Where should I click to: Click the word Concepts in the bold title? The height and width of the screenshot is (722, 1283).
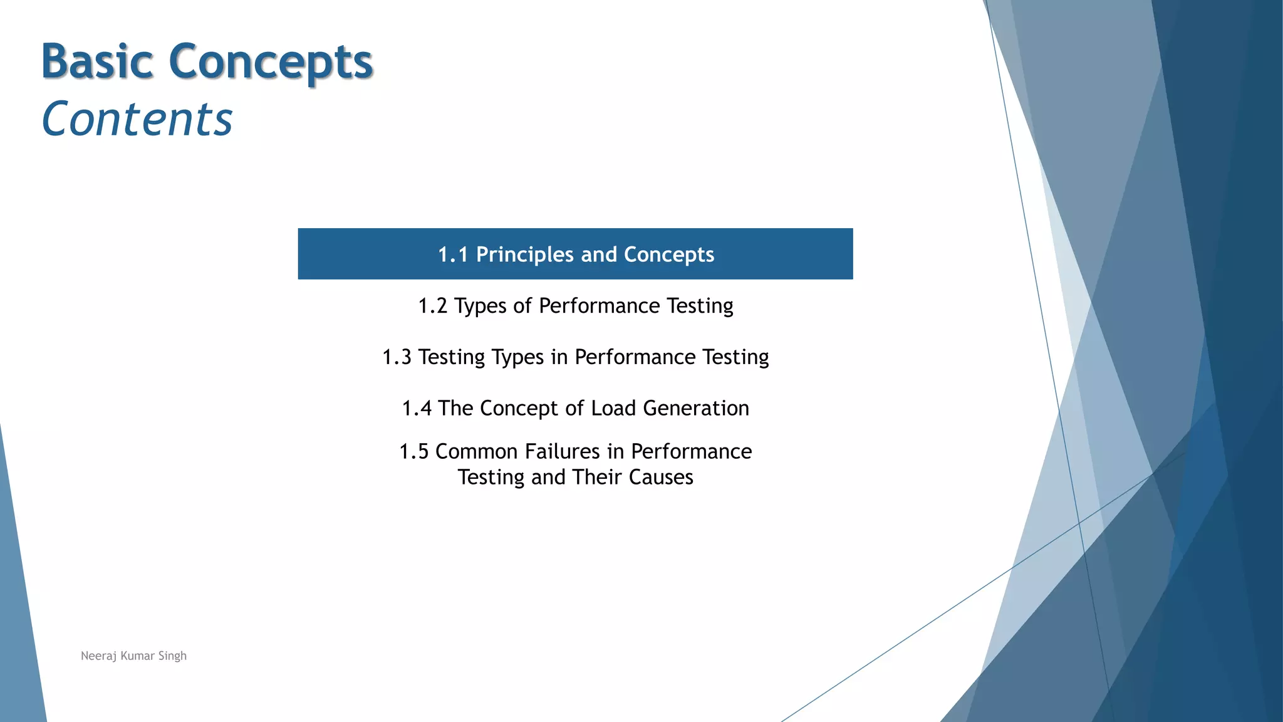[x=271, y=63]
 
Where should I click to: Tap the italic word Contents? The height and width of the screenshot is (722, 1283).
[x=137, y=119]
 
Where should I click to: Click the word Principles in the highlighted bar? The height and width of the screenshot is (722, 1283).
[x=524, y=254]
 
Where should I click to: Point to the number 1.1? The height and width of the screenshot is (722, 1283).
[x=453, y=254]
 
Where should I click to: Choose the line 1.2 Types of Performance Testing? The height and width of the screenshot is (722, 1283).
[x=575, y=306]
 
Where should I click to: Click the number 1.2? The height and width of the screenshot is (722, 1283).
[x=432, y=306]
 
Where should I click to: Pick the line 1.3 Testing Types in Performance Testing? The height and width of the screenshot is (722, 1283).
[x=575, y=357]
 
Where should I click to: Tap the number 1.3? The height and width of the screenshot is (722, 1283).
[x=397, y=357]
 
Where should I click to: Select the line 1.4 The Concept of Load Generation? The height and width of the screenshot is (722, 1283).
[x=575, y=408]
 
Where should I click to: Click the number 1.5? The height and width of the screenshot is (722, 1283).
[x=413, y=451]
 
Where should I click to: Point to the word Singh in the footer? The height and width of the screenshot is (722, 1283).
[x=172, y=656]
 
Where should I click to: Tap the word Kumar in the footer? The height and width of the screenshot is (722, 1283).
[x=137, y=656]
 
